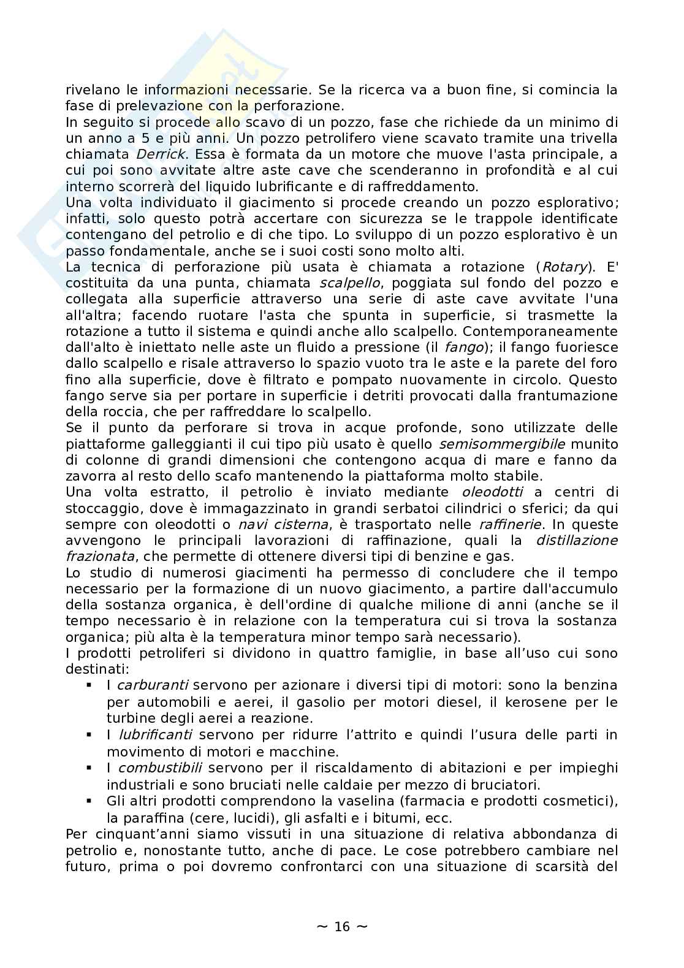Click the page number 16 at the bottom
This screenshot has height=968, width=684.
[x=342, y=926]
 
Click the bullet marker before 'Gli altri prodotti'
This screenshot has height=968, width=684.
[x=89, y=800]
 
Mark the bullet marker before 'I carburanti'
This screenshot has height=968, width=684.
[x=89, y=684]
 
